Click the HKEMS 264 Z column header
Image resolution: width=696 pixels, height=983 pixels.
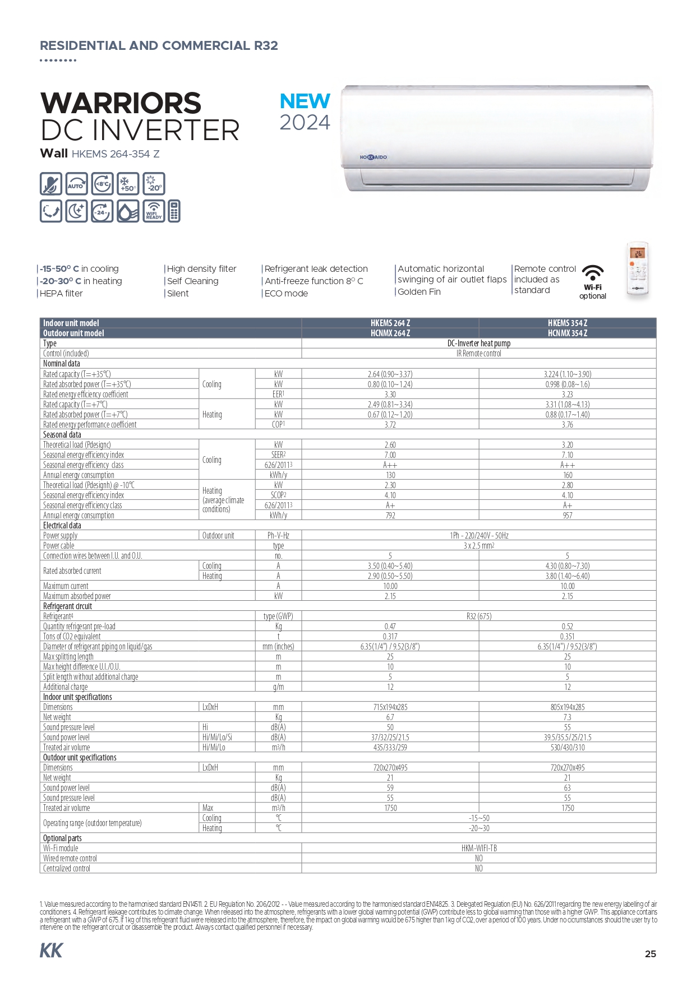[x=390, y=323]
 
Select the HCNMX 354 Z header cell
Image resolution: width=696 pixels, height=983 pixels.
[x=567, y=333]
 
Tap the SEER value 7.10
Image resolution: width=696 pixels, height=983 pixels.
[x=567, y=455]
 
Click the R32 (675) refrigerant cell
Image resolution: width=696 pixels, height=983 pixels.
[x=478, y=616]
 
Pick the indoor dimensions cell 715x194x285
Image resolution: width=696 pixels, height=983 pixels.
[x=390, y=707]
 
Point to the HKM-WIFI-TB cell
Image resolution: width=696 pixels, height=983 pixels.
[x=478, y=848]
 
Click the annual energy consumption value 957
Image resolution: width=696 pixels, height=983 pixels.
[x=567, y=515]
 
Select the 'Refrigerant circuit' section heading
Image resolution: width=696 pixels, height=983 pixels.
[x=67, y=606]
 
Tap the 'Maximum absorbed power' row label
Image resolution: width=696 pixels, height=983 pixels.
[x=77, y=596]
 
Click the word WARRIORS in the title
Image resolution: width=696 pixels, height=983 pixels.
[x=121, y=103]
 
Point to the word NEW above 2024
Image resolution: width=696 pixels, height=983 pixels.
[x=305, y=101]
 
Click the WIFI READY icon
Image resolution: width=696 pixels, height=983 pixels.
[x=154, y=211]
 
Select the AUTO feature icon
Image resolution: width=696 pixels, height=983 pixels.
[x=76, y=184]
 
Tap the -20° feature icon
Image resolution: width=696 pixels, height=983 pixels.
[x=154, y=184]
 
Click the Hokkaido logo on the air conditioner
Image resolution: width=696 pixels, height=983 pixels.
[x=373, y=157]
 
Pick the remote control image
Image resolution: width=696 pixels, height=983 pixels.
[x=638, y=271]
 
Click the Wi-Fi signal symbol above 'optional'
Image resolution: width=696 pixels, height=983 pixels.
[x=592, y=273]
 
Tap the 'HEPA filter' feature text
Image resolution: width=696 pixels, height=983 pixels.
[x=61, y=293]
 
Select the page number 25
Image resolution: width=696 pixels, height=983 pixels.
[x=650, y=953]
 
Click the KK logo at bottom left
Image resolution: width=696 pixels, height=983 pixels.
[x=51, y=950]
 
